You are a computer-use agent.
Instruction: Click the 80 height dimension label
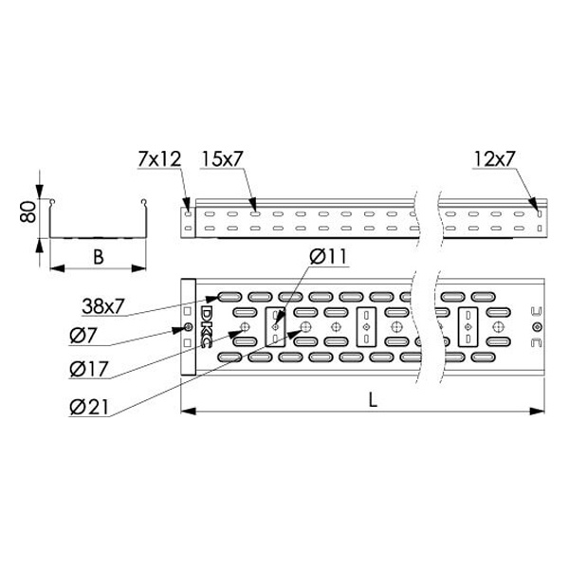pos(28,211)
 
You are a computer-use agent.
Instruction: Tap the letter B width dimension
pos(98,257)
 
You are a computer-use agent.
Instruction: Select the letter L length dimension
pos(373,400)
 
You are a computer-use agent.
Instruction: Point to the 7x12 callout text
pos(159,159)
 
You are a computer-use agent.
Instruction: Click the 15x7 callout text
pos(221,159)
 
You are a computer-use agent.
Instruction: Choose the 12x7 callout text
pos(494,159)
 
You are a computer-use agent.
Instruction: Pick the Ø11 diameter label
pos(328,256)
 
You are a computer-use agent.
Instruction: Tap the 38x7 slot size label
pos(103,306)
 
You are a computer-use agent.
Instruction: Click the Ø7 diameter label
pos(83,335)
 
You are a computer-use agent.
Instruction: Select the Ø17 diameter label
pos(89,370)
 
